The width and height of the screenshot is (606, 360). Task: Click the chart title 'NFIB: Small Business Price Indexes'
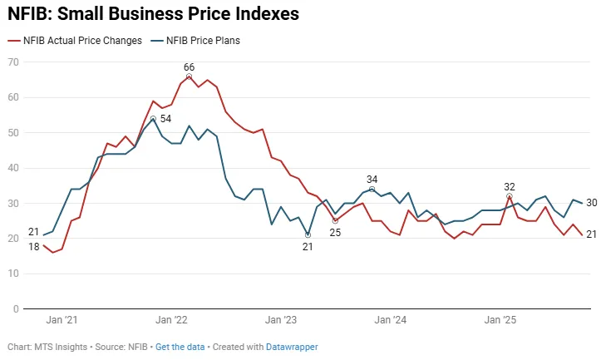point(154,14)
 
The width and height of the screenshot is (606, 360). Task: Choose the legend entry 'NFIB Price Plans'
point(204,40)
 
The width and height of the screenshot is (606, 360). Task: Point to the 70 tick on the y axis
point(13,62)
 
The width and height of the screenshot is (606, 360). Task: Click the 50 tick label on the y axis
point(13,132)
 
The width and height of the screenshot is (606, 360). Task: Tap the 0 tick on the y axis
point(16,309)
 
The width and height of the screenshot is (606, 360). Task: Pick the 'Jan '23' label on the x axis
point(281,320)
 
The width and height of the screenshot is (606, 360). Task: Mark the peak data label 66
point(189,67)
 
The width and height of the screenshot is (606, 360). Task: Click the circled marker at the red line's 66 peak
point(189,76)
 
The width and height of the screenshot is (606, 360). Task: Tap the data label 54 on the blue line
point(165,119)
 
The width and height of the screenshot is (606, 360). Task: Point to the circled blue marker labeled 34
point(372,189)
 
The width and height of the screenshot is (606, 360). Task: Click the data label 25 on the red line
point(336,232)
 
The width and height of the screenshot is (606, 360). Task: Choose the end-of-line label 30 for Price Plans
point(592,203)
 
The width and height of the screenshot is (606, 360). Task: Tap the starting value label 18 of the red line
point(34,247)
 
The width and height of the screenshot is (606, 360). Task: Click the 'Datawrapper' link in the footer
point(292,347)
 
